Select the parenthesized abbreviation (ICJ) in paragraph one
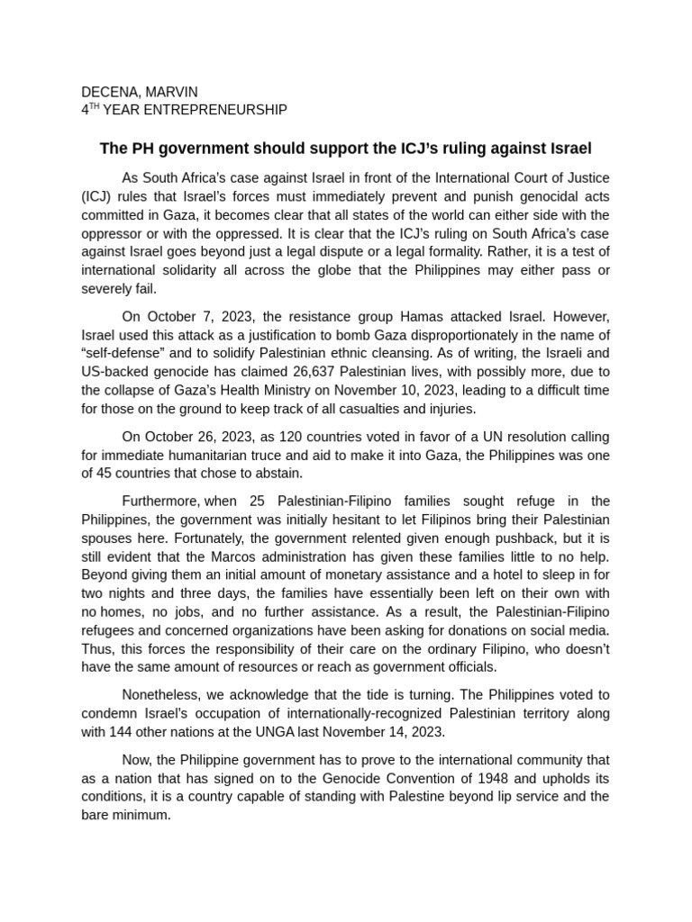pyautogui.click(x=97, y=196)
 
